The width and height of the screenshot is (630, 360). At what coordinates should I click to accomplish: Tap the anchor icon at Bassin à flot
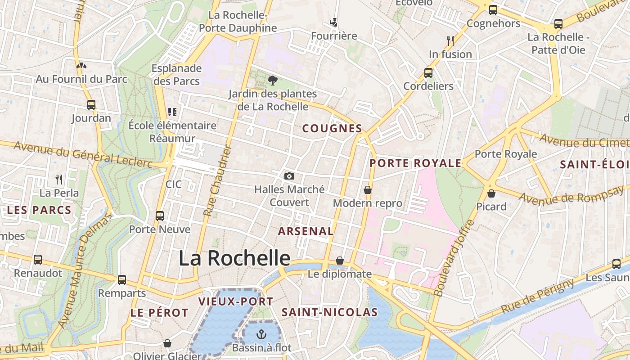pyautogui.click(x=261, y=334)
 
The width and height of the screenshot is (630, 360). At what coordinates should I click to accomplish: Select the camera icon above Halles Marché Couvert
pyautogui.click(x=289, y=176)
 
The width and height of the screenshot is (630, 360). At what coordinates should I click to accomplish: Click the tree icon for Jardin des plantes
pyautogui.click(x=272, y=81)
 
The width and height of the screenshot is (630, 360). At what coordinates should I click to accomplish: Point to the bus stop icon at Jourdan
pyautogui.click(x=91, y=105)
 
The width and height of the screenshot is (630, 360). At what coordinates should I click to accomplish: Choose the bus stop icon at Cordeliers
pyautogui.click(x=428, y=72)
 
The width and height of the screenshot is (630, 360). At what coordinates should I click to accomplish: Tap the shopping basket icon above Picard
pyautogui.click(x=491, y=193)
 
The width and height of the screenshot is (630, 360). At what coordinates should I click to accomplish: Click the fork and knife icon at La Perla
pyautogui.click(x=59, y=180)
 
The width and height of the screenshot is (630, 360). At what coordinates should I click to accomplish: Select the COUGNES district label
pyautogui.click(x=332, y=129)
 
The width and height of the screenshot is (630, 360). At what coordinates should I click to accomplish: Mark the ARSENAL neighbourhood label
pyautogui.click(x=306, y=231)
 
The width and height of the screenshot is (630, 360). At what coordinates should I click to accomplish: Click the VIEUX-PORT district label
pyautogui.click(x=236, y=301)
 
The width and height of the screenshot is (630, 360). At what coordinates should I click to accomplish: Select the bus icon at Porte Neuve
pyautogui.click(x=160, y=216)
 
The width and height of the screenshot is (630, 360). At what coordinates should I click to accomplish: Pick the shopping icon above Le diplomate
pyautogui.click(x=340, y=261)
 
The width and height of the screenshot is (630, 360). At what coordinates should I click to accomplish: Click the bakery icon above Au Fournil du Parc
pyautogui.click(x=81, y=66)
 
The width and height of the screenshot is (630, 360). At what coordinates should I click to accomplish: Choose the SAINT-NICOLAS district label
pyautogui.click(x=329, y=312)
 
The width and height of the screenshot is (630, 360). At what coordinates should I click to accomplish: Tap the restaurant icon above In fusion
pyautogui.click(x=450, y=41)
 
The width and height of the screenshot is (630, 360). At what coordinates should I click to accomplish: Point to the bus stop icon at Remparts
pyautogui.click(x=122, y=280)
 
